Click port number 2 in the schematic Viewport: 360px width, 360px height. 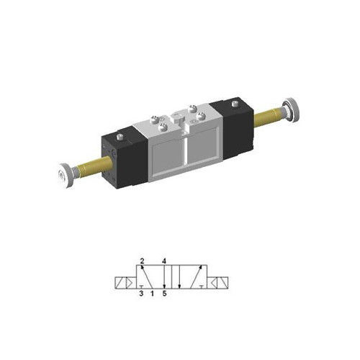coord(143,260)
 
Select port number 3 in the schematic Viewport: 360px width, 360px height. coord(142,294)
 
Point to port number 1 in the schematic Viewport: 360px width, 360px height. coord(153,294)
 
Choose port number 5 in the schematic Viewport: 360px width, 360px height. coord(165,294)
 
